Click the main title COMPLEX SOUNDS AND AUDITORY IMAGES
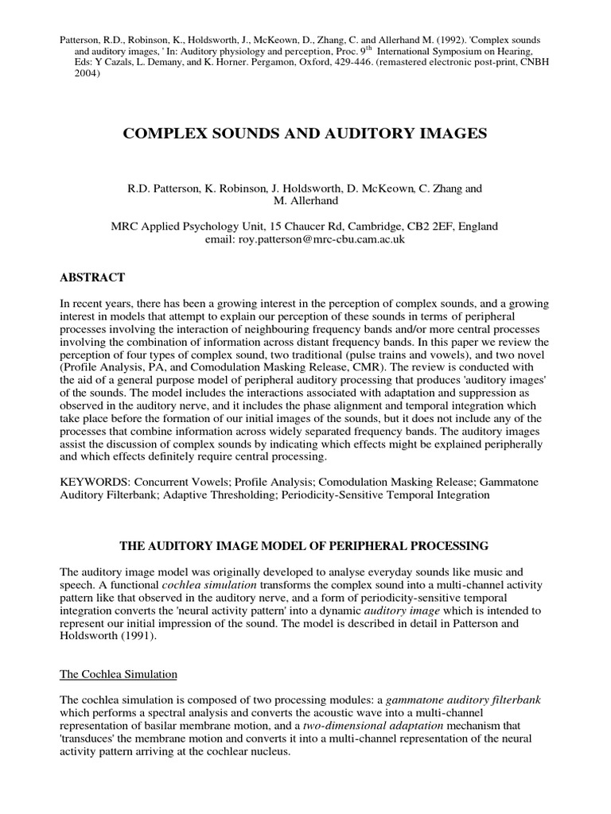305,134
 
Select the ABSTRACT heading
92,277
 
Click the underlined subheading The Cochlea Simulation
119,674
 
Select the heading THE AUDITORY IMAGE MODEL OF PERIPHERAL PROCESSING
305,546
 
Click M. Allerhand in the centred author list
305,201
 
